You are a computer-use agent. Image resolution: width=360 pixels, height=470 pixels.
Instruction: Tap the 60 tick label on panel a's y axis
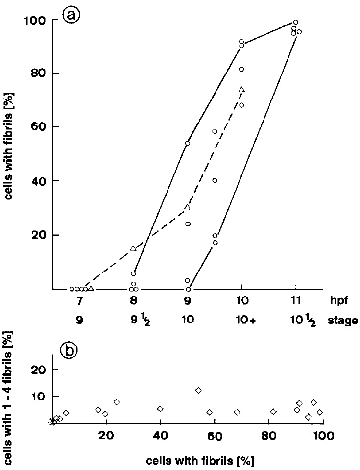pyautogui.click(x=39, y=127)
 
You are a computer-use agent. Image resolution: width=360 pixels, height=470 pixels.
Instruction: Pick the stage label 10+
pyautogui.click(x=241, y=321)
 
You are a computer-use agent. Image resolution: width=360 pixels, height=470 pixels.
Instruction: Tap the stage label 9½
pyautogui.click(x=134, y=321)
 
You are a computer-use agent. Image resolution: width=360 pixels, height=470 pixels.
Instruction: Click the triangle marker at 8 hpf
pyautogui.click(x=133, y=248)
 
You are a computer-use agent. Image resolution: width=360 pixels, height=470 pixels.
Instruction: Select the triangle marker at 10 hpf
pyautogui.click(x=241, y=89)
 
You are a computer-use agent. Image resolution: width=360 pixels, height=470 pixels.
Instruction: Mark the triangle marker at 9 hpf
pyautogui.click(x=187, y=207)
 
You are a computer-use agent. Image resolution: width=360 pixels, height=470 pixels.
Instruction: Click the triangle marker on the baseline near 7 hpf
pyautogui.click(x=91, y=289)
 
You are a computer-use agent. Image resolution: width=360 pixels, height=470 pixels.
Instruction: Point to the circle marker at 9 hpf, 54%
pyautogui.click(x=187, y=144)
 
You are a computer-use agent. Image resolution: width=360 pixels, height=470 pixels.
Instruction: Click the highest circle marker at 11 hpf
pyautogui.click(x=295, y=22)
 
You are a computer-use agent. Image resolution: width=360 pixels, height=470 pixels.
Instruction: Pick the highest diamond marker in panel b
pyautogui.click(x=198, y=390)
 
